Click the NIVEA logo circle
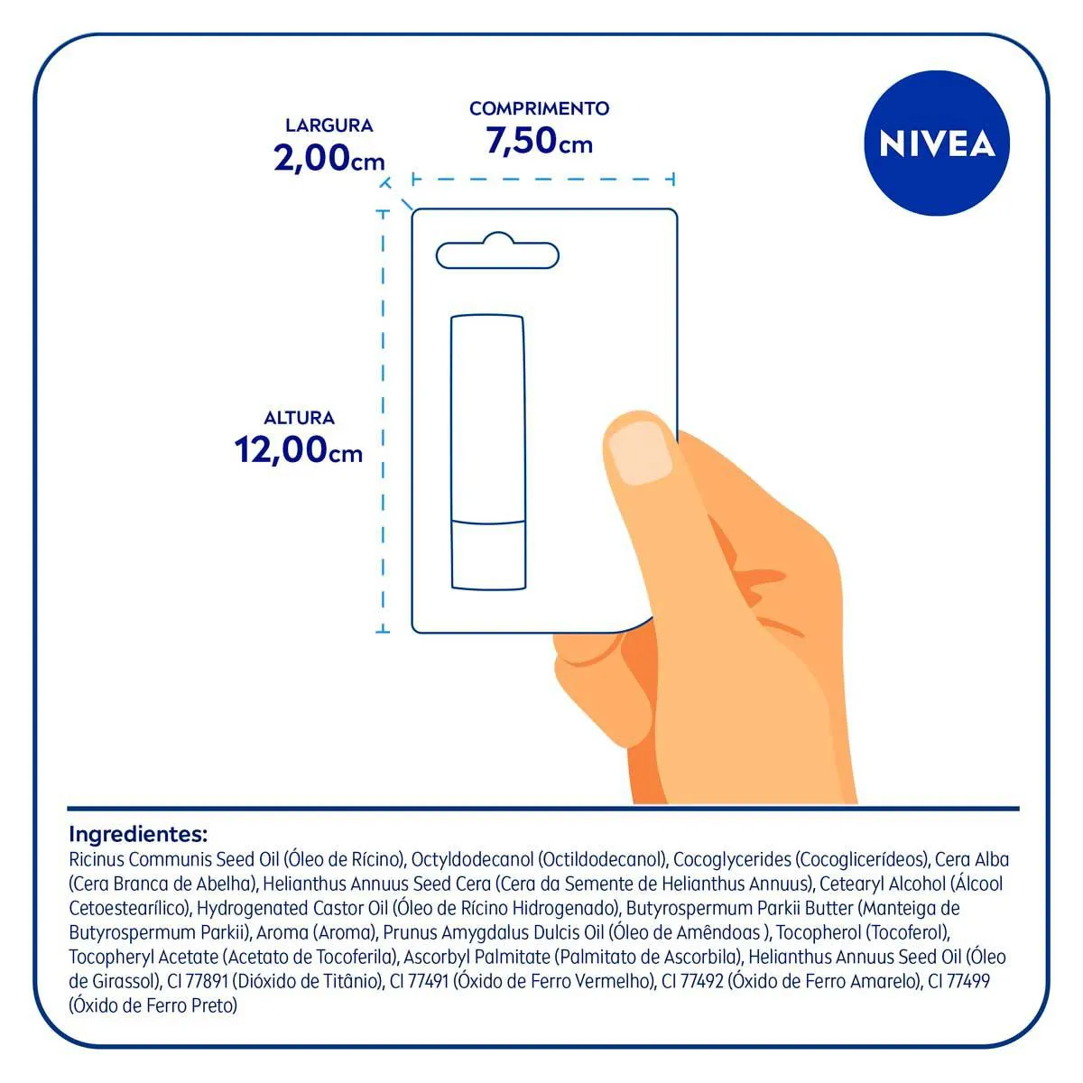936,143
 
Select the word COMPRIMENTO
539,108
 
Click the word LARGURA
329,125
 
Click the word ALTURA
299,418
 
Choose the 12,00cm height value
299,449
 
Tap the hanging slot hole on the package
497,251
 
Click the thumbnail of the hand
640,453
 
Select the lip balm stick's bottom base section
488,555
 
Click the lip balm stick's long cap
488,419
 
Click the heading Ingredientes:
138,834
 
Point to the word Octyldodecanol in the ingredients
472,860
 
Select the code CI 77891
198,981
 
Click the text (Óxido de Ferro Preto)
153,1006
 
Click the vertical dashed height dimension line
383,422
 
